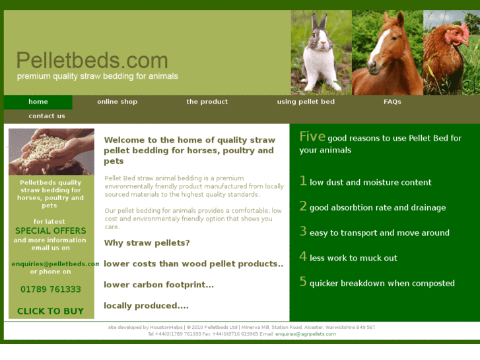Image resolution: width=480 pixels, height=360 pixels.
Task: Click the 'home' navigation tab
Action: [x=38, y=102]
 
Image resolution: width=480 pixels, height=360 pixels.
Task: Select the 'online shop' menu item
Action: [x=117, y=102]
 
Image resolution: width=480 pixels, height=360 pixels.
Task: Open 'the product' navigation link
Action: [x=207, y=102]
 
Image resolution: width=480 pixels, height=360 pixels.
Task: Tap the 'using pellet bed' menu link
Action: [x=306, y=102]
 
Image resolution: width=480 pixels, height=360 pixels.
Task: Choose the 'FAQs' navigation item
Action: [x=392, y=102]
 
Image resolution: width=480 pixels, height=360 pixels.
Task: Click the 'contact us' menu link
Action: [x=47, y=116]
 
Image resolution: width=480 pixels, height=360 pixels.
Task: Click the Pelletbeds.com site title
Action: [x=92, y=61]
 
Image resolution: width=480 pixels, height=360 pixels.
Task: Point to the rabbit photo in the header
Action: [x=321, y=53]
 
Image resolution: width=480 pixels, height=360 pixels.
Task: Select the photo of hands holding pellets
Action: [x=51, y=151]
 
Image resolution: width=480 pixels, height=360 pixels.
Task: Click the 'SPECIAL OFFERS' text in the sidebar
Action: [x=51, y=231]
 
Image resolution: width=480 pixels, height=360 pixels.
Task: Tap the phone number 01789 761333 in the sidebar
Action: [x=51, y=289]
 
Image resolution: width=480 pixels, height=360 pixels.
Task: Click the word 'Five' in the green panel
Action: [x=312, y=137]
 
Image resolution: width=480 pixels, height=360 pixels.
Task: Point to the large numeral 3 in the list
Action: [x=303, y=231]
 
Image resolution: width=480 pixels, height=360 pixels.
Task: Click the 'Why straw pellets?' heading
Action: [x=147, y=243]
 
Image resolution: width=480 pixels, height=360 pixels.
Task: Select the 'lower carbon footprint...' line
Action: [x=158, y=285]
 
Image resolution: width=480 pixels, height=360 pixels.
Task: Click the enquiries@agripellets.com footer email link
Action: [x=306, y=334]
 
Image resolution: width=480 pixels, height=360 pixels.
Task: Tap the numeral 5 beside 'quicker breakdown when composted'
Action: [x=303, y=282]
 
